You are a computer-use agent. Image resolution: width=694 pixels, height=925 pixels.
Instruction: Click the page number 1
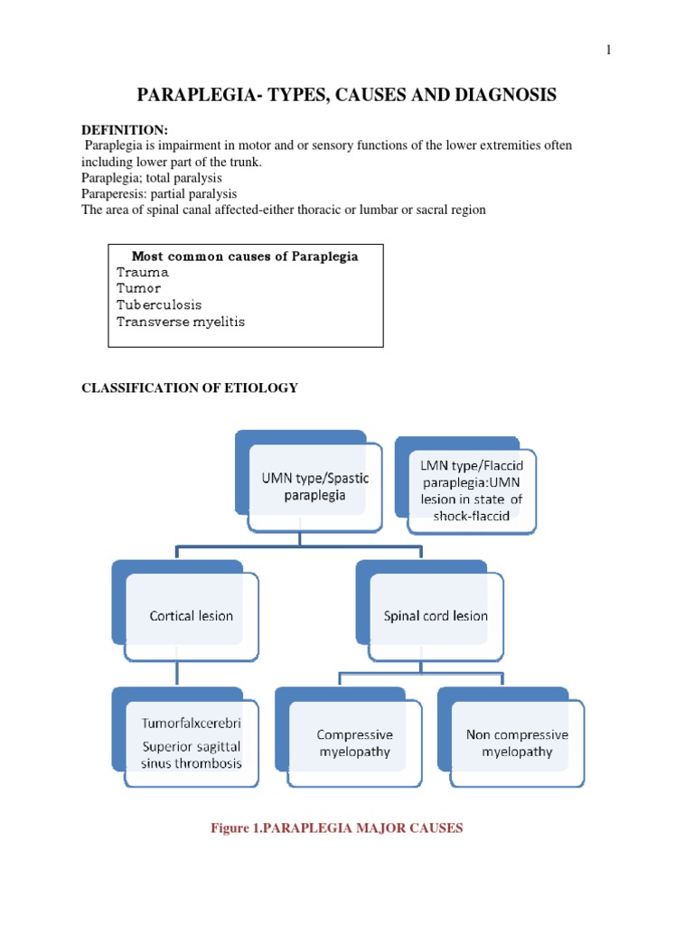coord(609,51)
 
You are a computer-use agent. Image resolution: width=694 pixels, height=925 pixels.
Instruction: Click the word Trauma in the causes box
coord(143,272)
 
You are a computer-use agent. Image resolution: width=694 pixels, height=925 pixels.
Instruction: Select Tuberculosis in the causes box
coord(159,304)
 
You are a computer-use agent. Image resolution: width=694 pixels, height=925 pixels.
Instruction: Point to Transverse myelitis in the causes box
coord(181,321)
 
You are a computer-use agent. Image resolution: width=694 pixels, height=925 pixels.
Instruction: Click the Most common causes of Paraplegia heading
coord(245,257)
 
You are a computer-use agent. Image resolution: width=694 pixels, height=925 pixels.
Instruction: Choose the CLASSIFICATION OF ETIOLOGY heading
coord(190,388)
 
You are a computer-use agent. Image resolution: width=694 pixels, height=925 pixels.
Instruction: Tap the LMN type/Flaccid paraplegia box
coord(465,489)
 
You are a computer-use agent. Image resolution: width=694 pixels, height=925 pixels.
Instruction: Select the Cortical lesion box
coord(191,615)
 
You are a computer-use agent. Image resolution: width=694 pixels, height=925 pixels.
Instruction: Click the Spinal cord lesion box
coord(435,615)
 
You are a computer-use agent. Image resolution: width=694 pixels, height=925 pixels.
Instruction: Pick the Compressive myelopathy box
coord(354,743)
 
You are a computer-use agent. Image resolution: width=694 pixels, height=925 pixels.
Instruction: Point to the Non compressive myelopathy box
coord(517,743)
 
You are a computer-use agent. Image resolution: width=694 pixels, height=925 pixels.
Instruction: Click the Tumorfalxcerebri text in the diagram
coord(192,725)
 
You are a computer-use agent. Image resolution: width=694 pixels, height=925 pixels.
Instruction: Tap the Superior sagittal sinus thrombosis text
coord(192,754)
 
